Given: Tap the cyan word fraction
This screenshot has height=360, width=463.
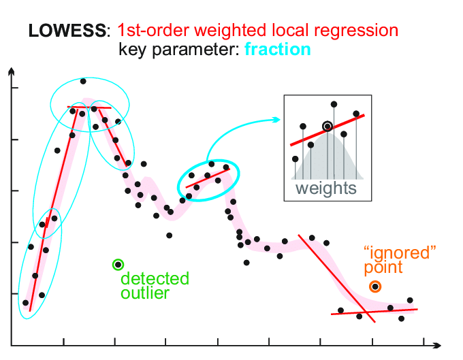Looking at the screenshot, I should pos(277,49).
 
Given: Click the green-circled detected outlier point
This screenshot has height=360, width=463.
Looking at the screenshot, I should pos(118,264).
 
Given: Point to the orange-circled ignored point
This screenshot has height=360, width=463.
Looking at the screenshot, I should pos(374,287).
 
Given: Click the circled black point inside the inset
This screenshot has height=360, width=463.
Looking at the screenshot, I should pos(328,126).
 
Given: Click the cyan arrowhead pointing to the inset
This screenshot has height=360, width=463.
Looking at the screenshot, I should pos(276,120).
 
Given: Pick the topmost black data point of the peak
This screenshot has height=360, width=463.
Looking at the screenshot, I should pos(83,81).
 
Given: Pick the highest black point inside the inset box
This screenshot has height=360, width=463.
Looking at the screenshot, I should pos(334,104).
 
